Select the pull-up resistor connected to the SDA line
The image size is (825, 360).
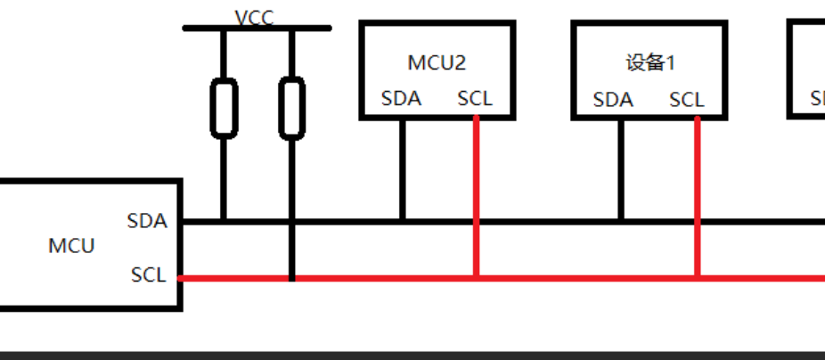(x=224, y=108)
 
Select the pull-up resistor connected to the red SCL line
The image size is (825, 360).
(x=291, y=108)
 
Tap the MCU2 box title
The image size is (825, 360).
(x=437, y=62)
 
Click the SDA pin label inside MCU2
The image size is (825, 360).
(x=401, y=98)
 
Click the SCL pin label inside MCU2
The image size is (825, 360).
(x=475, y=98)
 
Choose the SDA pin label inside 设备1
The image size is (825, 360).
(x=613, y=100)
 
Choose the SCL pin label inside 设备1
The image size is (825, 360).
(x=687, y=100)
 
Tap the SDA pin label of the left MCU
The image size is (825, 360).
(x=147, y=220)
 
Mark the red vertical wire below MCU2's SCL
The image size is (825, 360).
(x=477, y=196)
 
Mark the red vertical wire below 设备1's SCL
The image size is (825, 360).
(x=697, y=196)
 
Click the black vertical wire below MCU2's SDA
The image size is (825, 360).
(x=402, y=169)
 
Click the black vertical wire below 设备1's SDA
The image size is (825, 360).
(x=621, y=169)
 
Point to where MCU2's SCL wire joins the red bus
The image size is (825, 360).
(x=477, y=278)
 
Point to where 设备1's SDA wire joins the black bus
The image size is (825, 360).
(x=621, y=221)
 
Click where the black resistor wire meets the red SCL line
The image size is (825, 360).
(x=291, y=278)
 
